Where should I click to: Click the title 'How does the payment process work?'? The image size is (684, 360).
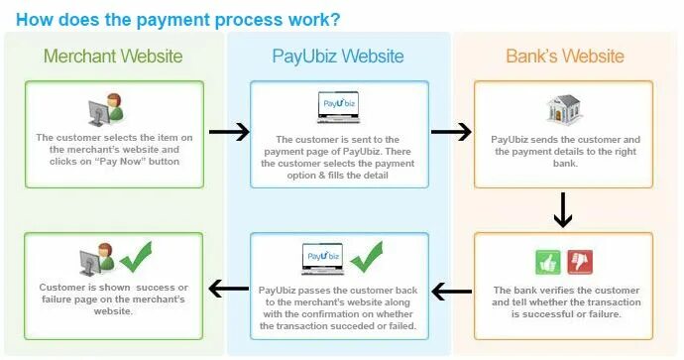[179, 19]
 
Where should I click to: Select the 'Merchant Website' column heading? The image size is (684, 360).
[112, 56]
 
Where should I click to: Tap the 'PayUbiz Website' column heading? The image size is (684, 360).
[339, 56]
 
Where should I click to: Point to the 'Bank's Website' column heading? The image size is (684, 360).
[565, 56]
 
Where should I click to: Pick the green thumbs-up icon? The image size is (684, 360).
[548, 262]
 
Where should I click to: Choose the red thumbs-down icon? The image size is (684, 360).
[578, 262]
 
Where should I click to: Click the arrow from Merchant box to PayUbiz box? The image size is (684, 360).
[230, 133]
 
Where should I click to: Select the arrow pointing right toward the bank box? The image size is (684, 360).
[452, 133]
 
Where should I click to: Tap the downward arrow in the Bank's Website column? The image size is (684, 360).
[563, 208]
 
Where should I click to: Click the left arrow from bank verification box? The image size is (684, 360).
[452, 291]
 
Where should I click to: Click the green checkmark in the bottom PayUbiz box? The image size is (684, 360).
[366, 256]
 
